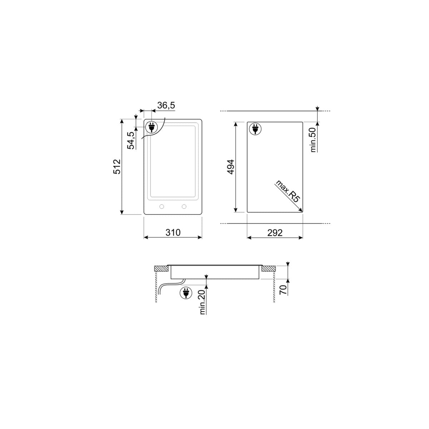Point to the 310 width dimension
click(173, 232)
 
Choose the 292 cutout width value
click(275, 233)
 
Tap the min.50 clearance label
click(314, 140)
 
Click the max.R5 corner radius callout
click(287, 192)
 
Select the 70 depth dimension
click(283, 290)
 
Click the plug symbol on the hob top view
click(151, 127)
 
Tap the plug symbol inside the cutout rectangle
click(255, 129)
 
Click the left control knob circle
click(162, 206)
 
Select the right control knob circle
click(184, 206)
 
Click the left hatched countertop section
click(161, 268)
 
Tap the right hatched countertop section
click(269, 268)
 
